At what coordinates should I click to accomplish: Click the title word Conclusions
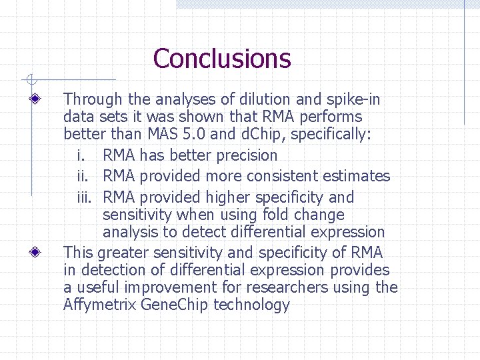221,59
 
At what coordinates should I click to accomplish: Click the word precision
244,155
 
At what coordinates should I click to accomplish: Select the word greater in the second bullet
124,253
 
